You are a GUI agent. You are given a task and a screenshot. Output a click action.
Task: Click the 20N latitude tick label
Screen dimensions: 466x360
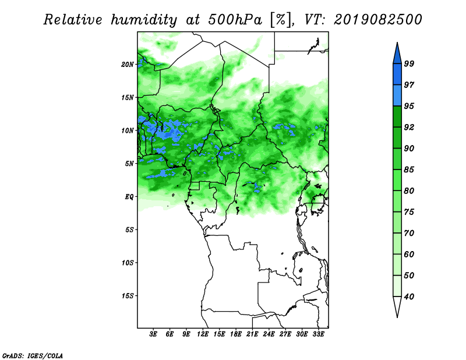pos(128,64)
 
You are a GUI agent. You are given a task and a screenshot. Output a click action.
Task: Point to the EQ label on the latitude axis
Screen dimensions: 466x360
pos(129,196)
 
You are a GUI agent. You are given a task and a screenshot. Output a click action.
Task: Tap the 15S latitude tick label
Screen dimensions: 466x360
pos(128,296)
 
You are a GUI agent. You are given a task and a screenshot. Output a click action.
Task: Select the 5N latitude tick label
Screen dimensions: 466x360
pos(129,164)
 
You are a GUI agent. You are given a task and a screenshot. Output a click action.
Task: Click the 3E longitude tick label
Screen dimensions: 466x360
pos(153,334)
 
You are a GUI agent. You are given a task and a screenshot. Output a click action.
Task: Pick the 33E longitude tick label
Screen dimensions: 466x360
pos(318,334)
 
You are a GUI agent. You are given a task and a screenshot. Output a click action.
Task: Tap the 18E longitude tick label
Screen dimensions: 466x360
pos(236,334)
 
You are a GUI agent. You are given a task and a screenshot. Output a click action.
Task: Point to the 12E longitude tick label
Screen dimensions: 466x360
pos(203,334)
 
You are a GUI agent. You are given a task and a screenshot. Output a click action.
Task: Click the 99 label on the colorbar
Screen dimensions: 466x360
pos(409,63)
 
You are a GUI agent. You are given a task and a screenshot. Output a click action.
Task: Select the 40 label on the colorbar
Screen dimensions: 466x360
pos(409,297)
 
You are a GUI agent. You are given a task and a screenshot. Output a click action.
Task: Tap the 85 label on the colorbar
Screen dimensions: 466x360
pos(409,170)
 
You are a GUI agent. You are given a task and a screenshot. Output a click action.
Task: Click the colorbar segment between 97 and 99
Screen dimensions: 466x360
pos(397,75)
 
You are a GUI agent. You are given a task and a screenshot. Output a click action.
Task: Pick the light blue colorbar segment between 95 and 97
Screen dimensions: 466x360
pos(397,96)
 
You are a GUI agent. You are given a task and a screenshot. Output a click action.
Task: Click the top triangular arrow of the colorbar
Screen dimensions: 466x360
pos(397,55)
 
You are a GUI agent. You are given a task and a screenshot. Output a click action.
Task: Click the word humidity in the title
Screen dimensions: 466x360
pos(144,20)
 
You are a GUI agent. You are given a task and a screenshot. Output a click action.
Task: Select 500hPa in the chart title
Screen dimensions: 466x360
pos(235,20)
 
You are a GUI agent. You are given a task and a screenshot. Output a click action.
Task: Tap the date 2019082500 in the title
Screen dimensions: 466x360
pos(377,20)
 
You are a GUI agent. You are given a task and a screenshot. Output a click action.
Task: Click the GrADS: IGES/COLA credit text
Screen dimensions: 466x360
pos(33,355)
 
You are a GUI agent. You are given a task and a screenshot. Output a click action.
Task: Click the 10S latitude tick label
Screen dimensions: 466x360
pos(128,263)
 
